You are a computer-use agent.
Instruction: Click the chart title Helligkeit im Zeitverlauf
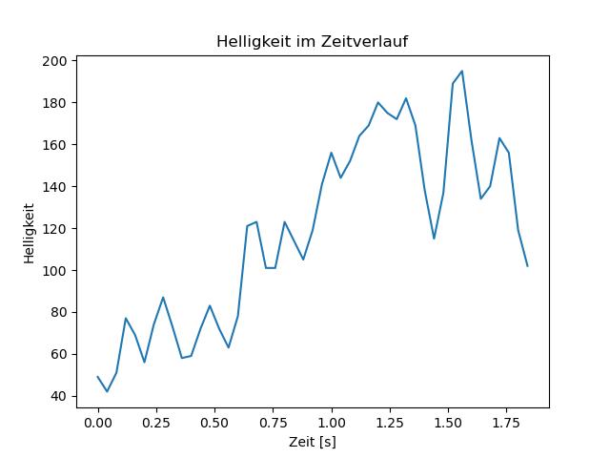313,41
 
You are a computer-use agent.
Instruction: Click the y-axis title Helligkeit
30,232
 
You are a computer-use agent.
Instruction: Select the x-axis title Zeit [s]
313,442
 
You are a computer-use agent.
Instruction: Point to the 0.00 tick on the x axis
98,422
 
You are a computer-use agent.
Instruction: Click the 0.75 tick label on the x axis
274,422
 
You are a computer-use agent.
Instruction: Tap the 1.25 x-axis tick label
390,422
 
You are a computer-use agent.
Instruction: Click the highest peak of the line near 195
462,71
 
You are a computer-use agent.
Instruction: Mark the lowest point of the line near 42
107,391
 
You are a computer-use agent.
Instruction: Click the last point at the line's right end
527,266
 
